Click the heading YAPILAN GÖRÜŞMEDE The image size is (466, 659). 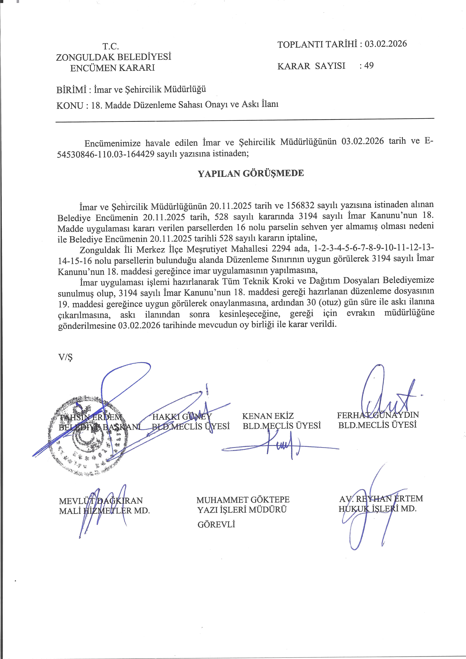point(251,173)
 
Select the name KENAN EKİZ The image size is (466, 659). point(268,416)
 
